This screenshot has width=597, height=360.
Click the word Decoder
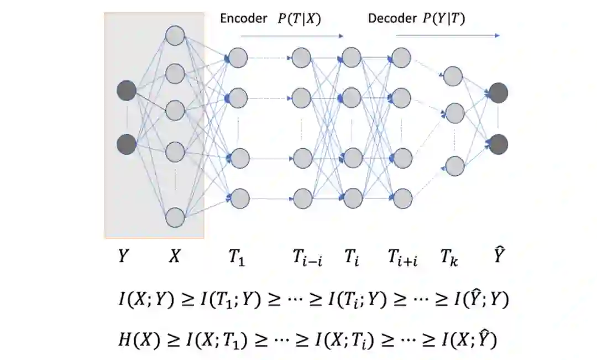(392, 18)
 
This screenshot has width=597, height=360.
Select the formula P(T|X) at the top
(299, 18)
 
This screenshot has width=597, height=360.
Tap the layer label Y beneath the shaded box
(125, 257)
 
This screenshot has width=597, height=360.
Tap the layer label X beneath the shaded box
(175, 257)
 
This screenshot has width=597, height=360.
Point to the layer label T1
(235, 258)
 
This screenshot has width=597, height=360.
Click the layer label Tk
(449, 258)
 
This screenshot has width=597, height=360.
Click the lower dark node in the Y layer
(126, 144)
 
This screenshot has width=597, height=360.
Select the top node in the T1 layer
(238, 58)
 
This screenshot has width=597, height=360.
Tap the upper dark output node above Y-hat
(498, 93)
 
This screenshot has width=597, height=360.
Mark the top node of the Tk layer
(453, 76)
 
